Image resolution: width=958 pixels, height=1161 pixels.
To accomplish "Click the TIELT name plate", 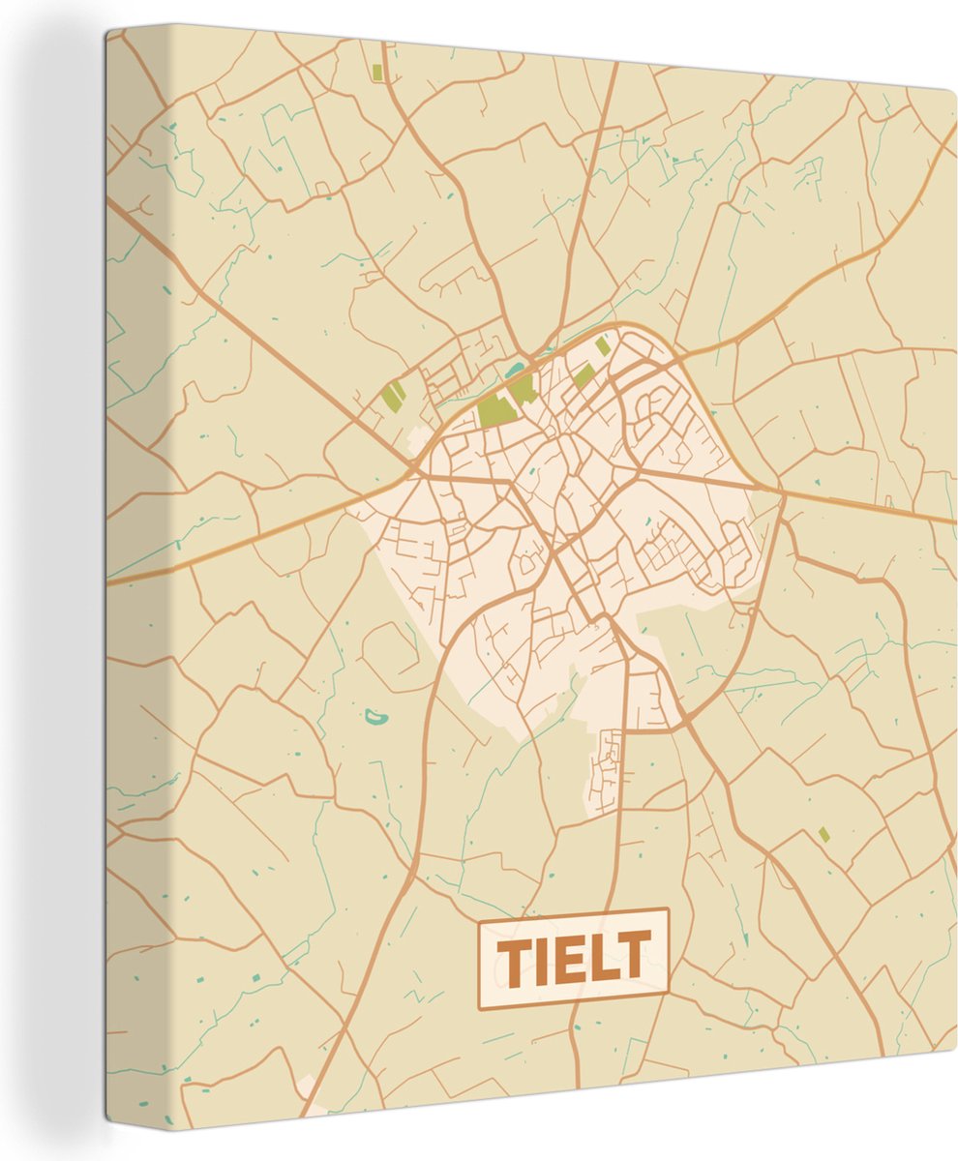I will (573, 958).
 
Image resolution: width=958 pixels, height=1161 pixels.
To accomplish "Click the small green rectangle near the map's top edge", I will (376, 72).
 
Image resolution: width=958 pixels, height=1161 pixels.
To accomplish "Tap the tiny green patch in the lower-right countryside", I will (823, 834).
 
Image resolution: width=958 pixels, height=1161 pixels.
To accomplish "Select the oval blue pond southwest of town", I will (374, 718).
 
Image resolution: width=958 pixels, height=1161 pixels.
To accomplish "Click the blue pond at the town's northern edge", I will (513, 370).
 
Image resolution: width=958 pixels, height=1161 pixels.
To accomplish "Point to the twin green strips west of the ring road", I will (393, 395).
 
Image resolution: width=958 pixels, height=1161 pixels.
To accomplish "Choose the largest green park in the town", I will (494, 411).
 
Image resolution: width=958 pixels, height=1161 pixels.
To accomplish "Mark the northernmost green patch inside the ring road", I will (602, 345).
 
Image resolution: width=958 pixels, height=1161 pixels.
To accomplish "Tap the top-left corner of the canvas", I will (108, 29).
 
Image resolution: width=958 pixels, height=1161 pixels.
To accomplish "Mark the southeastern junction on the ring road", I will (685, 720).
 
